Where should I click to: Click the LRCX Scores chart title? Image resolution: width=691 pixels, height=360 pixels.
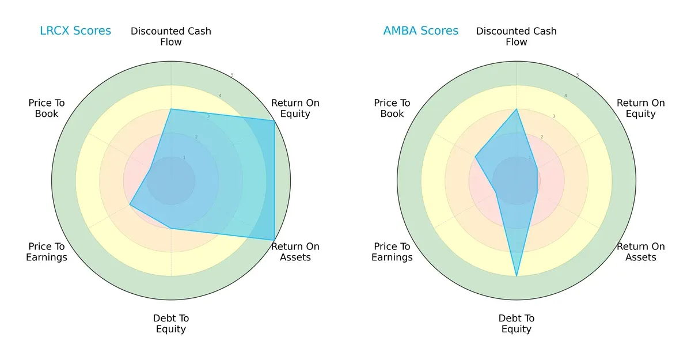[75, 31]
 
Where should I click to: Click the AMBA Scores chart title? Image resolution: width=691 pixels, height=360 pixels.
[421, 31]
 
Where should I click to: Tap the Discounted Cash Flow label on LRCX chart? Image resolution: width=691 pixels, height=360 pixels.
[171, 36]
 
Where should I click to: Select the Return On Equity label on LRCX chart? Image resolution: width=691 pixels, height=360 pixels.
[295, 108]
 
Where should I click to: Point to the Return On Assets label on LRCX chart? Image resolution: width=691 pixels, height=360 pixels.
[295, 252]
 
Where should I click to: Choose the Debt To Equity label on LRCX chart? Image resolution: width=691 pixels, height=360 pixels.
[171, 324]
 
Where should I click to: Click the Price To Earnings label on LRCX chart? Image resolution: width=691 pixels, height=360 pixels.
[47, 252]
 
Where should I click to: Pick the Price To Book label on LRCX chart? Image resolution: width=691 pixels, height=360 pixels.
[47, 108]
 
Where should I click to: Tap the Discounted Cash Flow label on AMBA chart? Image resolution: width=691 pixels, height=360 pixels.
[517, 36]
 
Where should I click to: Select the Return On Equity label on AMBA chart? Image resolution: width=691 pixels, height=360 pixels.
[640, 108]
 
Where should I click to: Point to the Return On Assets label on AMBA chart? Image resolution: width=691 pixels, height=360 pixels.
[640, 252]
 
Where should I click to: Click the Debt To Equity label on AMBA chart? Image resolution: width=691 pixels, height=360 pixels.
[517, 324]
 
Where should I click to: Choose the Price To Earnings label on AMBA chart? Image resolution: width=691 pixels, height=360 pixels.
[392, 252]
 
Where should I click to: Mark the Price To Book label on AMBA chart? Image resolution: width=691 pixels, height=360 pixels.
[392, 108]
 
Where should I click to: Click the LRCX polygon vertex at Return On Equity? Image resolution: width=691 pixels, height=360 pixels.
[274, 120]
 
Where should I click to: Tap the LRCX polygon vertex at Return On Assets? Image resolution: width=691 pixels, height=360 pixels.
[274, 240]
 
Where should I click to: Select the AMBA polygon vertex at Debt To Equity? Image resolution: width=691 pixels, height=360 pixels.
[517, 276]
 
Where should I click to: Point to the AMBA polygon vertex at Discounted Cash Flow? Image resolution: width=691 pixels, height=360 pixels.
[517, 109]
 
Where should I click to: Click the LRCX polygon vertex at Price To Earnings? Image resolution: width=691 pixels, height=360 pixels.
[130, 204]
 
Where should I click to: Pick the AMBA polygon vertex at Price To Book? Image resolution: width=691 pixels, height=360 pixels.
[475, 156]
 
